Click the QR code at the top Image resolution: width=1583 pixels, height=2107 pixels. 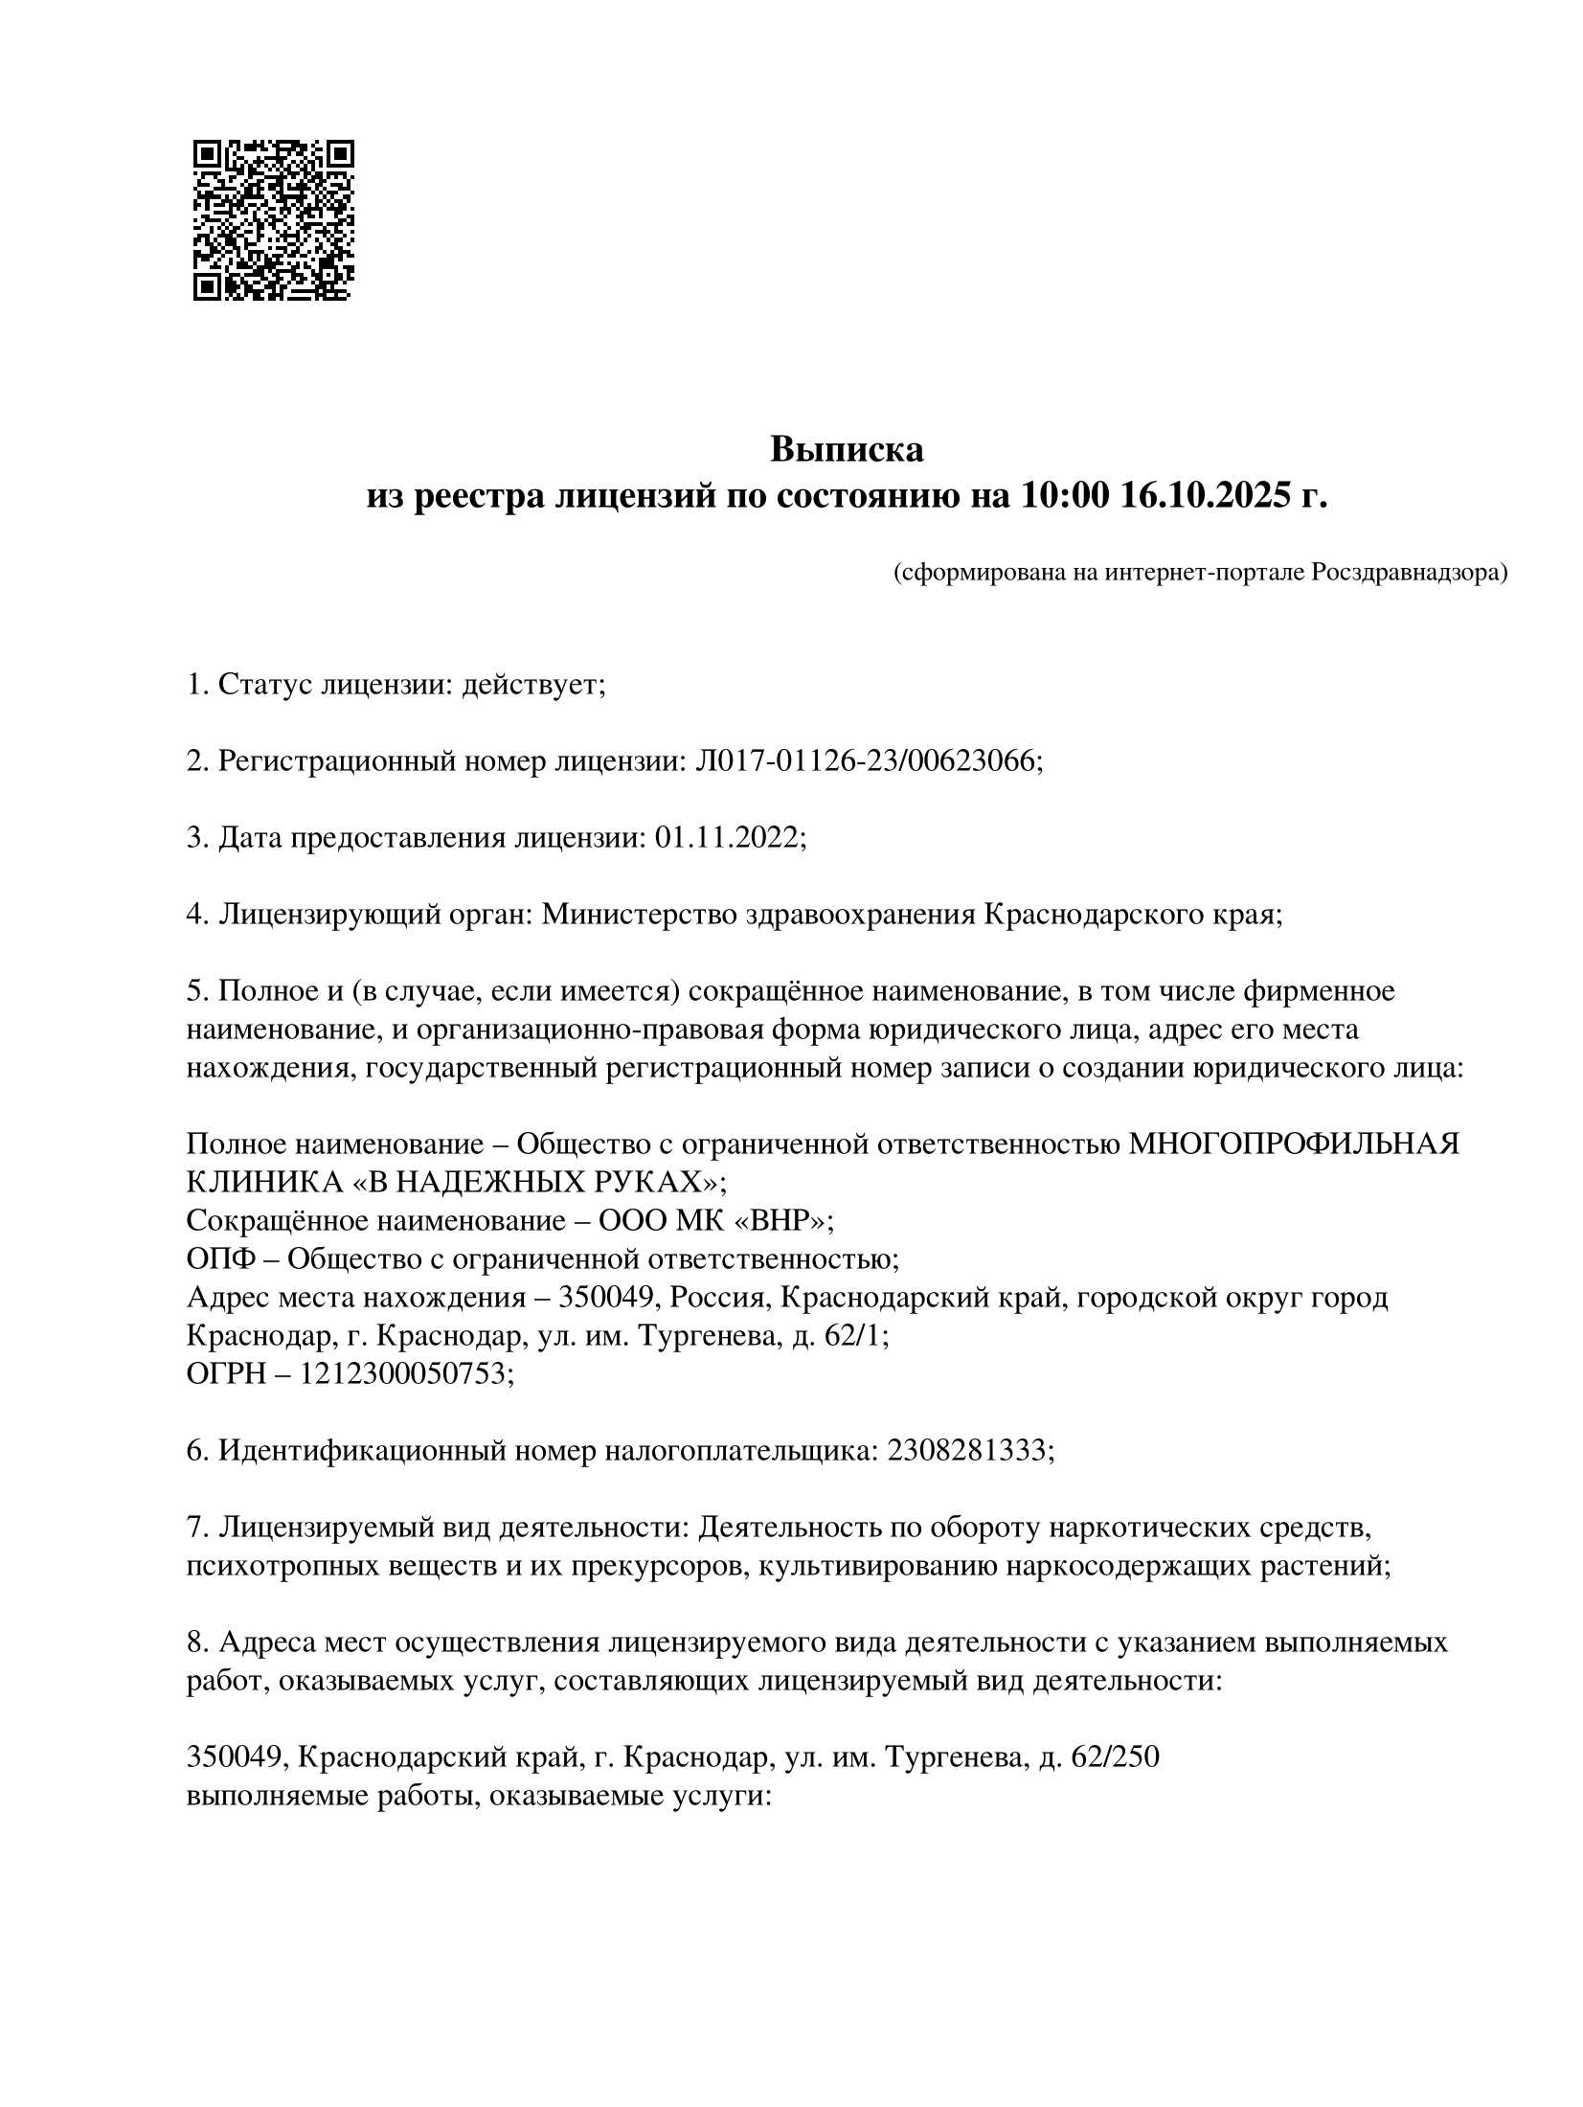(273, 220)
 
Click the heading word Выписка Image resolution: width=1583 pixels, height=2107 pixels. (847, 449)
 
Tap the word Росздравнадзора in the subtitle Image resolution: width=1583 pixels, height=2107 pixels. (1409, 573)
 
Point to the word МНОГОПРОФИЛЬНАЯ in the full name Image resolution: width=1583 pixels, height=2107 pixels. (1295, 1144)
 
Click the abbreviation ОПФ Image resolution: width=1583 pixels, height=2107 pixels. (216, 1259)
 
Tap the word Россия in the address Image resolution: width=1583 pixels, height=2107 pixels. (720, 1298)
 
